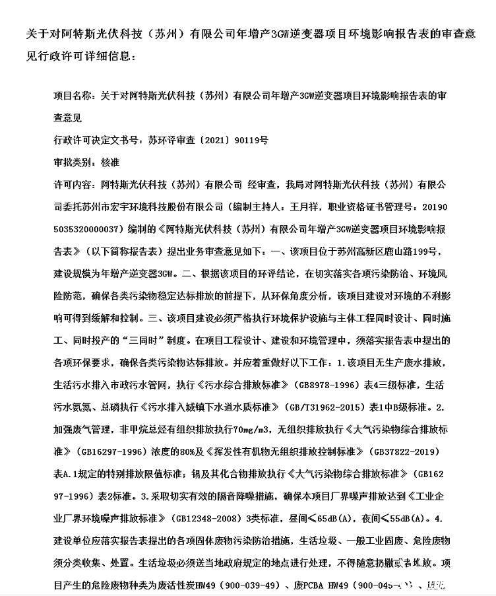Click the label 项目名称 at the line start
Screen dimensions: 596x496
click(x=72, y=96)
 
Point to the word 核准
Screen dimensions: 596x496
click(x=111, y=162)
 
